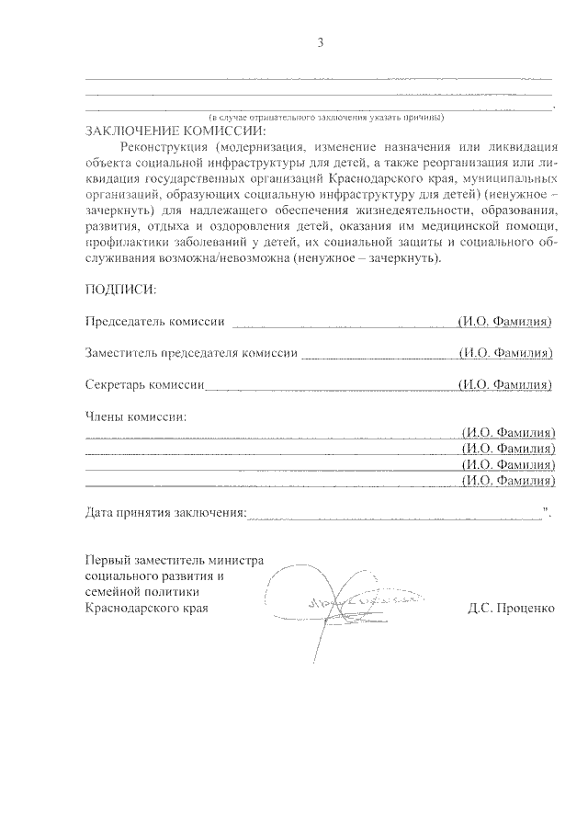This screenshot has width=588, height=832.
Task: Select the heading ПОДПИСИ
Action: pyautogui.click(x=120, y=290)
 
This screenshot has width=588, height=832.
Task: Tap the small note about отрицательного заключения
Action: pyautogui.click(x=327, y=118)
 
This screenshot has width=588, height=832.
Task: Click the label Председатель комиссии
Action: pyautogui.click(x=154, y=322)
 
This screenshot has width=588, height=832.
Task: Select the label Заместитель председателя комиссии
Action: pyautogui.click(x=191, y=353)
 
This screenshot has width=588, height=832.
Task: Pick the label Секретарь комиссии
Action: pyautogui.click(x=143, y=384)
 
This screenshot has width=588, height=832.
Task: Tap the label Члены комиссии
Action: pyautogui.click(x=135, y=416)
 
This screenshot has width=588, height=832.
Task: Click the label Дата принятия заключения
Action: pyautogui.click(x=165, y=511)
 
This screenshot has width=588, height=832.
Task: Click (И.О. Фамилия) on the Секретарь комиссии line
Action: pyautogui.click(x=505, y=384)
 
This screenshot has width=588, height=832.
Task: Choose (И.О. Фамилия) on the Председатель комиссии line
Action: pyautogui.click(x=505, y=322)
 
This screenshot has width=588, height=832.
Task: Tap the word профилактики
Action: pyautogui.click(x=125, y=243)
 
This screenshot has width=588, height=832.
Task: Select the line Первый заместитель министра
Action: pyautogui.click(x=175, y=560)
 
